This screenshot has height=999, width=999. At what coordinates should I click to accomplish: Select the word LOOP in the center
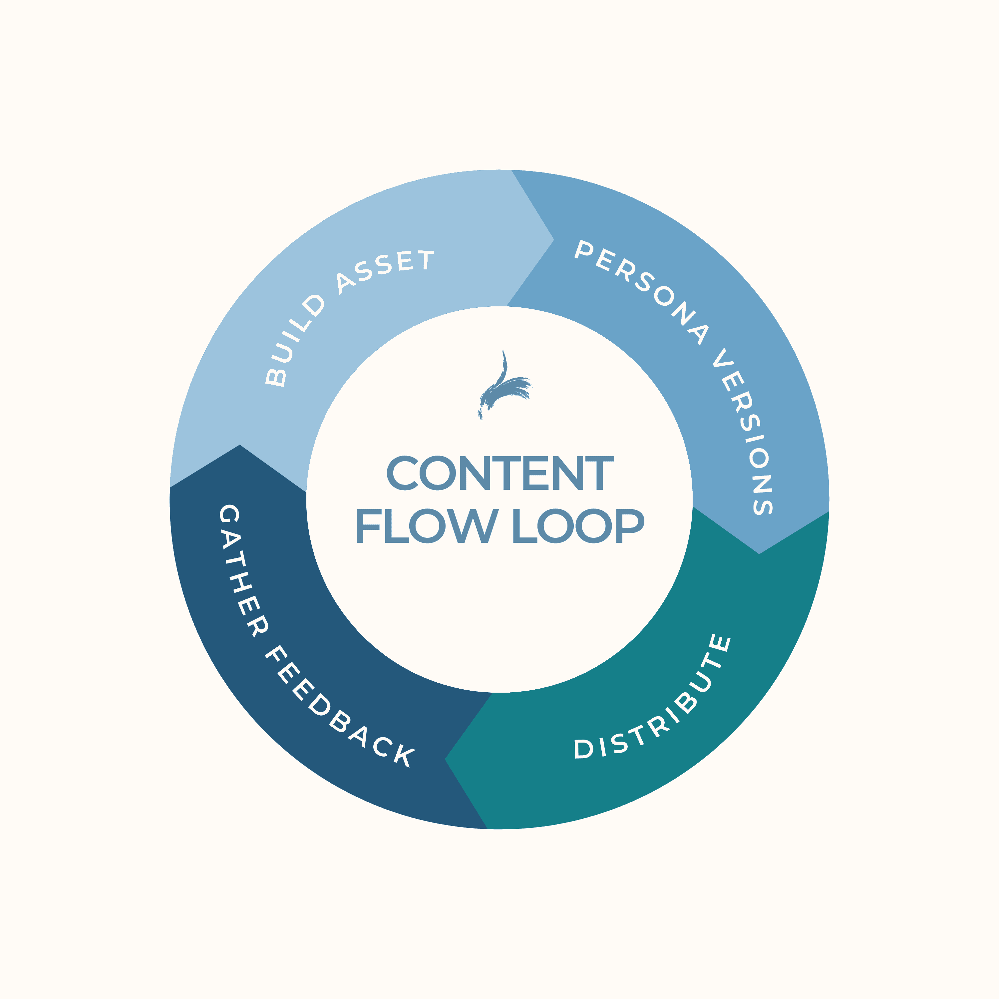pos(578,526)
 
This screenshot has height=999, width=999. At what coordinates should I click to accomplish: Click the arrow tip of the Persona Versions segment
pos(759,553)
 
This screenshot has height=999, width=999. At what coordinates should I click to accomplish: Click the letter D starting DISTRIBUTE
pos(583,748)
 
